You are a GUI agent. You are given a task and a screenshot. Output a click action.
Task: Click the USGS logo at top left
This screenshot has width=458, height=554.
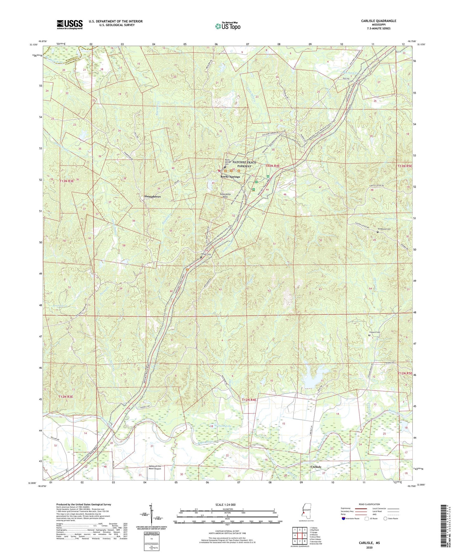[x=69, y=24]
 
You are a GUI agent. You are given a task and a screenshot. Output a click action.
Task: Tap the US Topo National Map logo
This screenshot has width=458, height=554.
[x=227, y=26]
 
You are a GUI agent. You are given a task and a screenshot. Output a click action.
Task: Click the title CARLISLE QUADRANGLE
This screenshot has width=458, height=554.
[x=378, y=21]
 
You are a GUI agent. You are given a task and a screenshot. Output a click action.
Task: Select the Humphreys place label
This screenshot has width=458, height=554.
[x=152, y=197]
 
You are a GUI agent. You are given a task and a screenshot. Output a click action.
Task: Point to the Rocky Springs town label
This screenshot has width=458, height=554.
[x=230, y=176]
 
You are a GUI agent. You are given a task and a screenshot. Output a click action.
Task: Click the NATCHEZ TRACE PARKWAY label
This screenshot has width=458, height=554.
[x=244, y=164]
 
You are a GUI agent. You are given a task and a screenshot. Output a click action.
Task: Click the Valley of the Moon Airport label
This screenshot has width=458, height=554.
[x=155, y=467]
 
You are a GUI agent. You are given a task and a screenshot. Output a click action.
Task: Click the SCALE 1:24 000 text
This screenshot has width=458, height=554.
[x=225, y=505]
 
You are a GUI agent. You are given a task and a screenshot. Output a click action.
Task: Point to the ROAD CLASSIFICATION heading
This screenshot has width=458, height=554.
[x=368, y=504]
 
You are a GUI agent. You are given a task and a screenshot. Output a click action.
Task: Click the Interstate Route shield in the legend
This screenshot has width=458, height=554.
[x=344, y=518]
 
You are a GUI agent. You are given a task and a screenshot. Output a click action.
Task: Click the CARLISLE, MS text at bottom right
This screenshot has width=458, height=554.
[x=369, y=543]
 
